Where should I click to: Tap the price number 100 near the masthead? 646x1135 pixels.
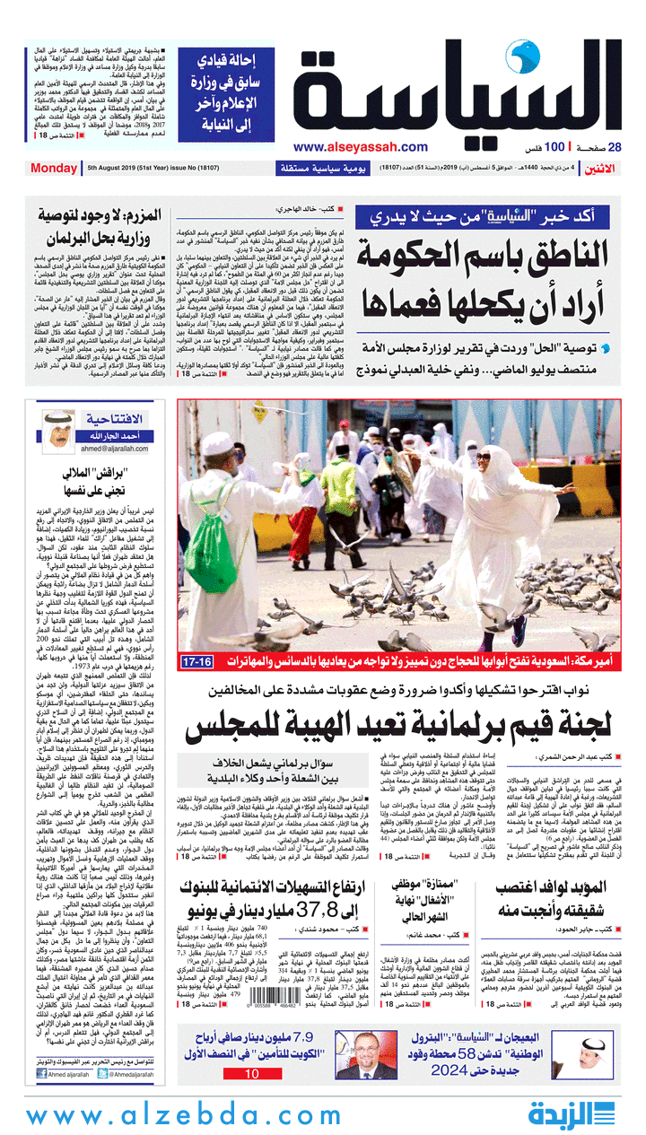click(x=554, y=147)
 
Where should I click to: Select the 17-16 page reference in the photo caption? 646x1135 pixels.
click(x=196, y=661)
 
